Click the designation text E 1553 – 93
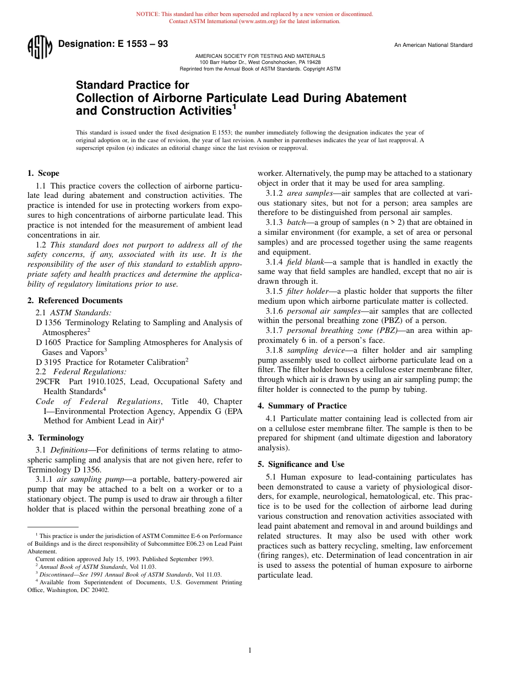[x=113, y=44]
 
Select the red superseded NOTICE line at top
[x=254, y=14]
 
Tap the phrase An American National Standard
[x=433, y=45]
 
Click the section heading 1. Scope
[x=43, y=173]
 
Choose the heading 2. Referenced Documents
[x=75, y=300]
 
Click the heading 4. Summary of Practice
[x=302, y=406]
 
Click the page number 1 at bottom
[x=250, y=650]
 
